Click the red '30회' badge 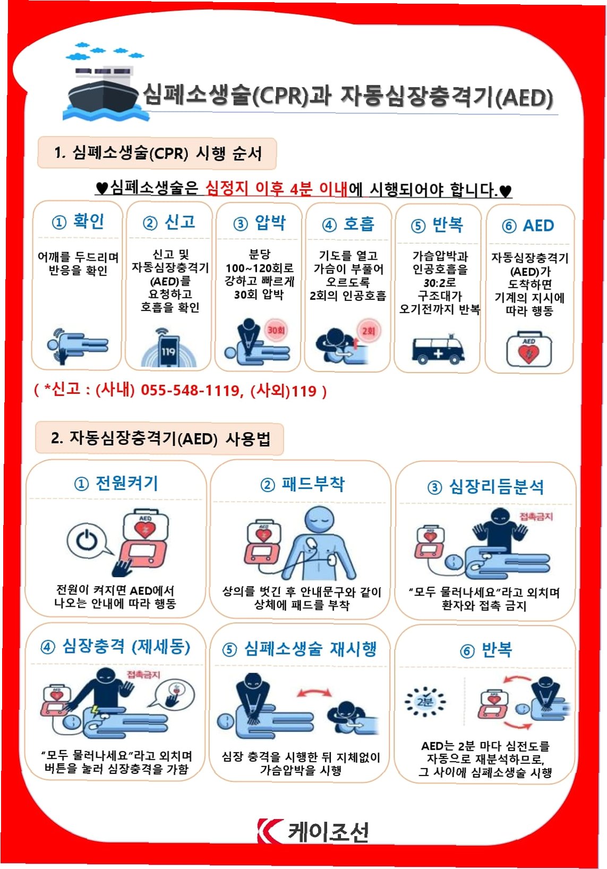tap(276, 330)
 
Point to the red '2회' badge tap(369, 331)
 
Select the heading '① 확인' tap(78, 221)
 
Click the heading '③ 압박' tap(259, 223)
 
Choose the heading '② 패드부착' tap(302, 484)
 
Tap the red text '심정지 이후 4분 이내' tap(276, 189)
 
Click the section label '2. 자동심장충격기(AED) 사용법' tap(160, 439)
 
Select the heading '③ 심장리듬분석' tap(485, 487)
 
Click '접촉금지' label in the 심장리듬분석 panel tap(536, 516)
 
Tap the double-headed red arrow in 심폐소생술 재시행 tap(314, 694)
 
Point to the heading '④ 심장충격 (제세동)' tap(115, 647)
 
